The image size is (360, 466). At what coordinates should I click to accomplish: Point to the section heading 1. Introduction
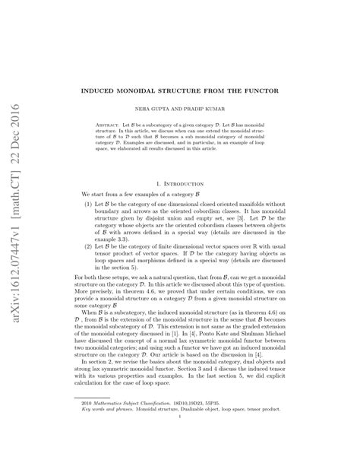(180, 182)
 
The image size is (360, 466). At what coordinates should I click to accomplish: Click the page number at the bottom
(179, 437)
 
